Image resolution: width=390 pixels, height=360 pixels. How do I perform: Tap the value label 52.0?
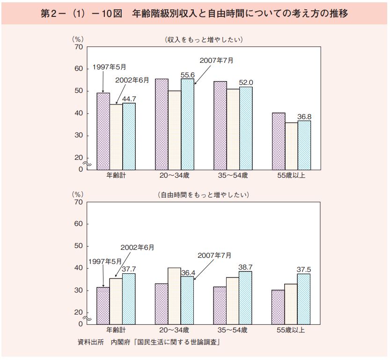pyautogui.click(x=246, y=82)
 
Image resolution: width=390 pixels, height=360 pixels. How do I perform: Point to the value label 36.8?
pyautogui.click(x=304, y=117)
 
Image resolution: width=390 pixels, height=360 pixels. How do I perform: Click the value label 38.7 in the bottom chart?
pyautogui.click(x=246, y=267)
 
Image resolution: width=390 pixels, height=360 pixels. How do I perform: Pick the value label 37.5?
pyautogui.click(x=304, y=270)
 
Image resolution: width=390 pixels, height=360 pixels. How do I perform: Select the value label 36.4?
pyautogui.click(x=188, y=272)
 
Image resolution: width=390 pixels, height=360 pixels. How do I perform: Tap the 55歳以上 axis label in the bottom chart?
pyautogui.click(x=291, y=330)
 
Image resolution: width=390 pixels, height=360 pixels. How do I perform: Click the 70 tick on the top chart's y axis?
pyautogui.click(x=78, y=47)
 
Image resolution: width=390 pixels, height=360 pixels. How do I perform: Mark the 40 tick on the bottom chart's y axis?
pyautogui.click(x=78, y=268)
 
